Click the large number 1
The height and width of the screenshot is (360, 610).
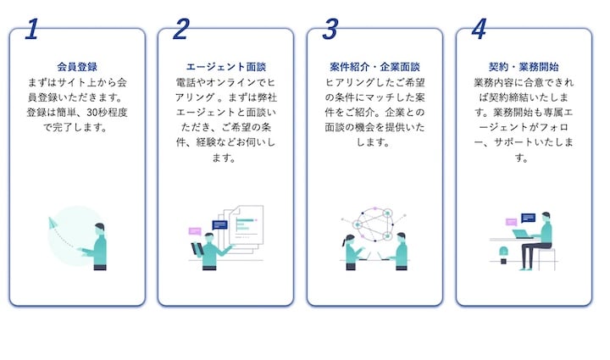coord(32,30)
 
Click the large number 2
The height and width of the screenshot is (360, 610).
coord(180,30)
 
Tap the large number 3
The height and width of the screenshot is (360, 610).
coord(330,30)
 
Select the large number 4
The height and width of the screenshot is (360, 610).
coord(479,30)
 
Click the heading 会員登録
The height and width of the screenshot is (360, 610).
coord(77,66)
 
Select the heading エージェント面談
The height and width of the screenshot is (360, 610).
coord(225,66)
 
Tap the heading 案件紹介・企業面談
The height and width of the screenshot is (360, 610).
coord(374,66)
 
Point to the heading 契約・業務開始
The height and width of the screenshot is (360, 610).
coord(524,66)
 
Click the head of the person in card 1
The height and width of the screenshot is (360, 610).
coord(100,229)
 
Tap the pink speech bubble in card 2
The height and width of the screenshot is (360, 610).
coord(195,230)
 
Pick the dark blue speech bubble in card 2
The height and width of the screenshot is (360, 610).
coord(219,225)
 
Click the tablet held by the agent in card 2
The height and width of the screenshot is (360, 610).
coord(198,249)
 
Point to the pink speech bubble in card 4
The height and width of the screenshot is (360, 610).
coord(511,222)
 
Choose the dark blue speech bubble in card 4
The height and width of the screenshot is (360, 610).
coord(528,218)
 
